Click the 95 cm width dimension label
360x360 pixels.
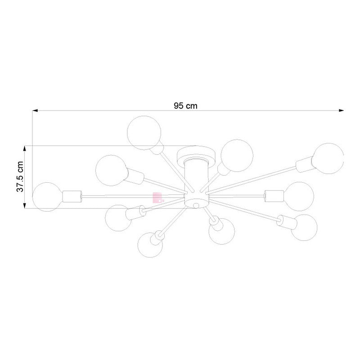pos(185,106)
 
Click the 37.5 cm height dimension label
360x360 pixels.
pos(20,176)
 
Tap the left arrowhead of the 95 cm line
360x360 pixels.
pos(35,111)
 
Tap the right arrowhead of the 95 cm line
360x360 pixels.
pos(342,110)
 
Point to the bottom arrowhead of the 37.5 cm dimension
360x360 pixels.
pos(25,206)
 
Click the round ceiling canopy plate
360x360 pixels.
pos(196,153)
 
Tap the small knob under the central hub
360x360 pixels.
pos(196,206)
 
